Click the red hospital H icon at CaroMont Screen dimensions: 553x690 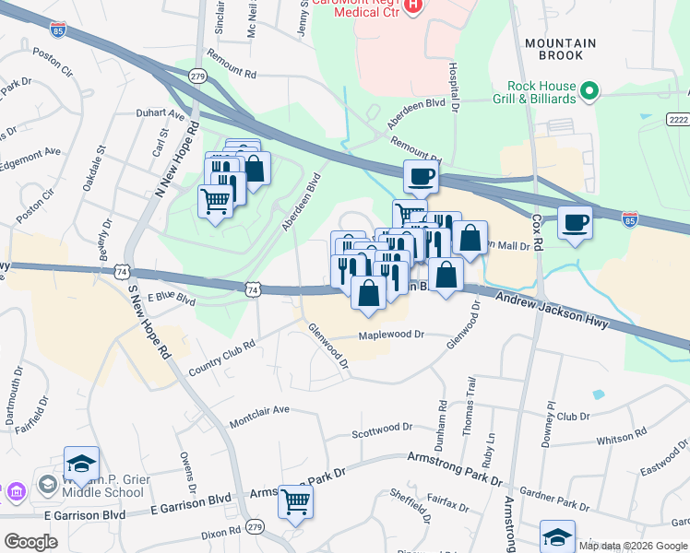412,6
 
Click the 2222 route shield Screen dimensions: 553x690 678,121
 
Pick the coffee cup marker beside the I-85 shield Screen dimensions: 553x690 575,223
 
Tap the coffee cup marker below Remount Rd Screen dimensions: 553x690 421,176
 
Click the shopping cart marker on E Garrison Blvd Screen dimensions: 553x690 296,502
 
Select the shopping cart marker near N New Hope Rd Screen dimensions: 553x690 215,199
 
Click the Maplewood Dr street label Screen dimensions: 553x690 390,335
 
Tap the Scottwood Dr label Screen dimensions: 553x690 382,429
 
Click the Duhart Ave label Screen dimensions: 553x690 165,115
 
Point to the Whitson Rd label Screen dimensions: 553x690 622,438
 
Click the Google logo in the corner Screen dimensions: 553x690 30,541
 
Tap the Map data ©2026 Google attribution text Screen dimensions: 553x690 633,546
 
